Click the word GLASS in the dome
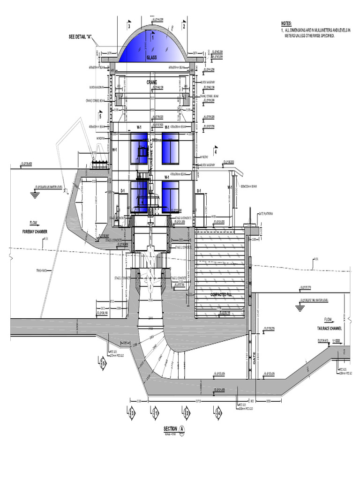click(151, 57)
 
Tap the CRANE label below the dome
click(151, 82)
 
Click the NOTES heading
click(286, 23)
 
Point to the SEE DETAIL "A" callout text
click(82, 37)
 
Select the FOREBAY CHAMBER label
click(35, 231)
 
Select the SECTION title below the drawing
click(170, 428)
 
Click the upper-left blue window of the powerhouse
click(139, 148)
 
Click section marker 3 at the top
click(128, 27)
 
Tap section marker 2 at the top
click(184, 27)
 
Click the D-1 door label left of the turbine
click(122, 191)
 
